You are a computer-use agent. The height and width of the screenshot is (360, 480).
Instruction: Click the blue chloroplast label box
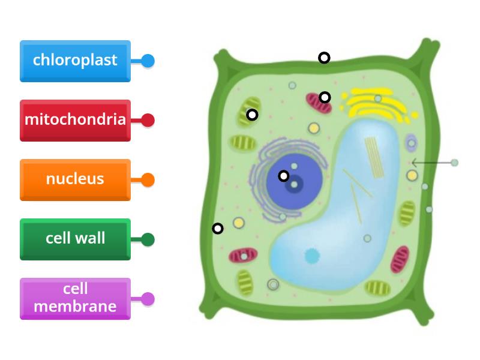click(x=75, y=61)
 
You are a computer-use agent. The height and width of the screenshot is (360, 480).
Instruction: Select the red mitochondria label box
click(x=75, y=120)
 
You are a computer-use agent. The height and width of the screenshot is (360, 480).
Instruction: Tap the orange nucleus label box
click(x=75, y=179)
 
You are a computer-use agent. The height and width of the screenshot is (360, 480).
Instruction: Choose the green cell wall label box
click(x=75, y=239)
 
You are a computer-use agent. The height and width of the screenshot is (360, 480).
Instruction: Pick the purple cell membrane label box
click(x=75, y=298)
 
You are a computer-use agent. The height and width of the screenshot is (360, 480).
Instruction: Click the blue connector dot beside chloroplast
click(x=148, y=61)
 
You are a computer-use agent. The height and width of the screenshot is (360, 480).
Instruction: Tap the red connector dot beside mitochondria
click(x=148, y=120)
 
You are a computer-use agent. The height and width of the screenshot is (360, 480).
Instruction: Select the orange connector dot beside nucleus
click(x=148, y=179)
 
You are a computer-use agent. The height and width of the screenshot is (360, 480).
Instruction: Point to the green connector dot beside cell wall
click(x=148, y=239)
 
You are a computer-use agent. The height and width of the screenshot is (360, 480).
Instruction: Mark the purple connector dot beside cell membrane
click(x=148, y=299)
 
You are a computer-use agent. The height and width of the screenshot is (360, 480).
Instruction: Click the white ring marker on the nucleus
click(x=284, y=176)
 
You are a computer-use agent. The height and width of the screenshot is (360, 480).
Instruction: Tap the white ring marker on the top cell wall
click(x=324, y=58)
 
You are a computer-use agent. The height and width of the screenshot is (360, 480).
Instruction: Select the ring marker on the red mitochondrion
click(x=325, y=97)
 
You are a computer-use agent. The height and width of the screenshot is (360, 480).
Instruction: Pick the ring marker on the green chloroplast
click(x=253, y=114)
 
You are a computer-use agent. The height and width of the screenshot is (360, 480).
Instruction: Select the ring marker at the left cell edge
click(x=218, y=228)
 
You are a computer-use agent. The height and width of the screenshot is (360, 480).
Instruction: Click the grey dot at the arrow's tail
click(x=454, y=163)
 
